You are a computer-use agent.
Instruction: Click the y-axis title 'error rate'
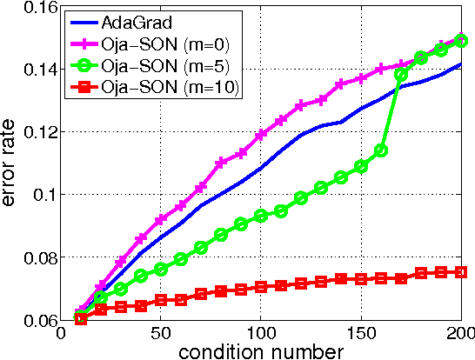click(13, 163)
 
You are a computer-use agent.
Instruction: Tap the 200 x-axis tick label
click(459, 332)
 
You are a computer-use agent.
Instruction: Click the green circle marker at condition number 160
click(381, 150)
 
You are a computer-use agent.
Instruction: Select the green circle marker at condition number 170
click(401, 75)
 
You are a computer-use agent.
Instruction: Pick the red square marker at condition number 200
click(461, 271)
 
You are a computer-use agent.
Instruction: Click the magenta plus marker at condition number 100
click(261, 135)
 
